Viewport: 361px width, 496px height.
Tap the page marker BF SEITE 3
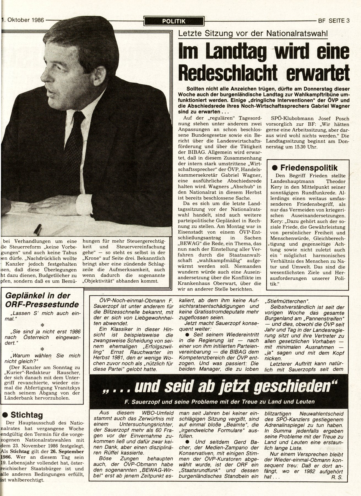333,20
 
